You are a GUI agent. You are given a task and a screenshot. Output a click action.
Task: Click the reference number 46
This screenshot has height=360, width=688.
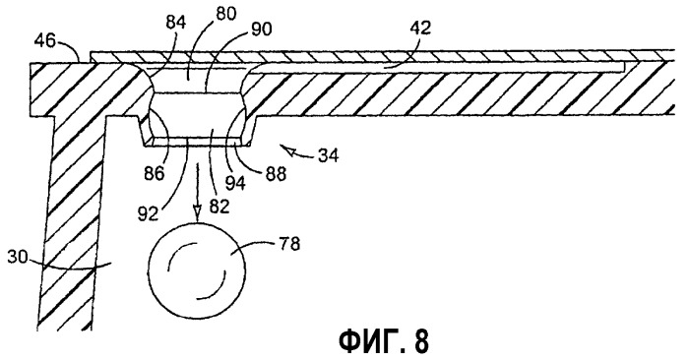(x=44, y=42)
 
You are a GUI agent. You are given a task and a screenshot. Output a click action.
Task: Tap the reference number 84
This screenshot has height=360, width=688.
(x=176, y=23)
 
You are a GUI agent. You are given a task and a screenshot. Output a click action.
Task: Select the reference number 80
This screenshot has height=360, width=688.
(x=226, y=14)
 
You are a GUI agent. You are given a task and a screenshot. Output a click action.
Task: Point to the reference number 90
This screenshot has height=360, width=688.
(x=261, y=30)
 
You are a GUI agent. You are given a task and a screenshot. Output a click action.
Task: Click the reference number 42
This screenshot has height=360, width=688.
(x=420, y=29)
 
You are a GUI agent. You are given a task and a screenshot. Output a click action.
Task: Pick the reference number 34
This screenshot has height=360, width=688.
(x=327, y=156)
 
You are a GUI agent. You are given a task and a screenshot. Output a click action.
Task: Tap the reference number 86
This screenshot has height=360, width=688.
(x=154, y=174)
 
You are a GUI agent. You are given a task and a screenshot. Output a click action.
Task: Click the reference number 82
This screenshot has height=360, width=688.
(x=219, y=206)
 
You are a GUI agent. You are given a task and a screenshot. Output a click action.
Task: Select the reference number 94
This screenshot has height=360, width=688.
(x=234, y=183)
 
